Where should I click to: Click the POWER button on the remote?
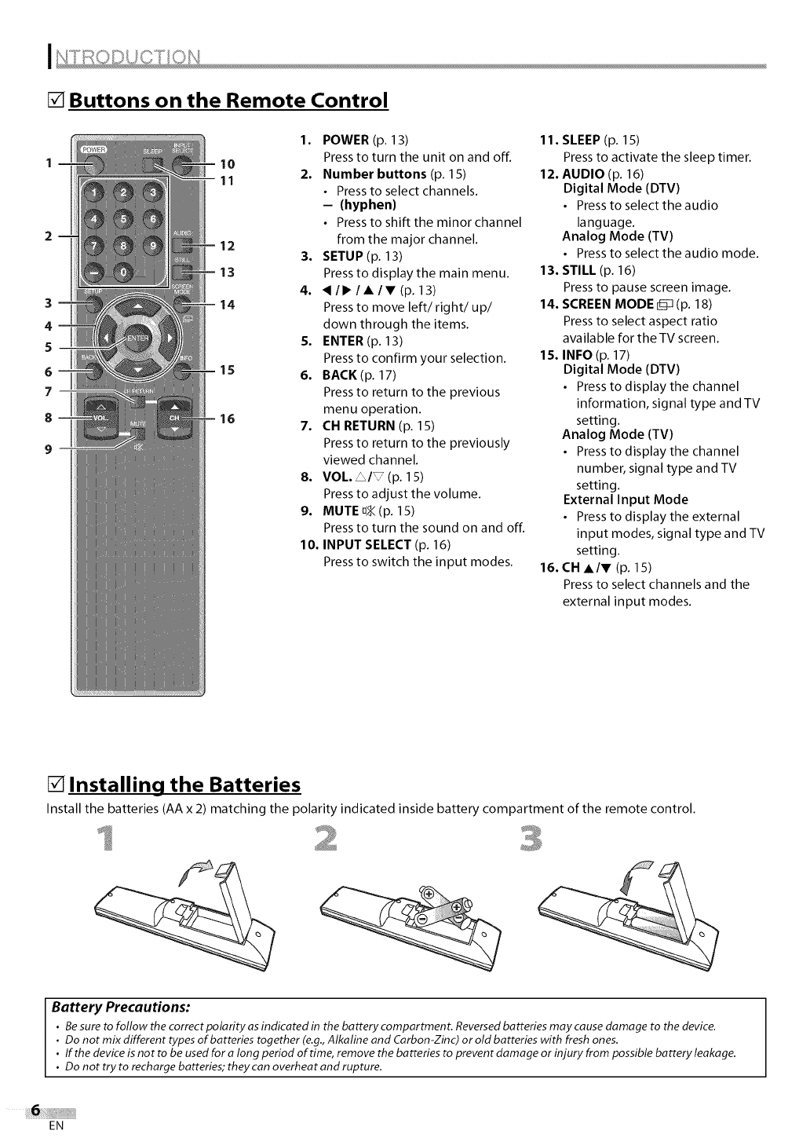tap(93, 163)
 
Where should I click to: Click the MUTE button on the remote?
tap(139, 433)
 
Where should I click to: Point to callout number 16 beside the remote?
tap(227, 419)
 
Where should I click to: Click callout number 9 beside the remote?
tap(49, 449)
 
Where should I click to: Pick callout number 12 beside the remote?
tap(227, 246)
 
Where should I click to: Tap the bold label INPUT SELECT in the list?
tap(367, 544)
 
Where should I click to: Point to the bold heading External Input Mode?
tap(625, 499)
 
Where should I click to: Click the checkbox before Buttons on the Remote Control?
tap(56, 101)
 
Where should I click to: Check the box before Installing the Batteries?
tap(56, 785)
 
